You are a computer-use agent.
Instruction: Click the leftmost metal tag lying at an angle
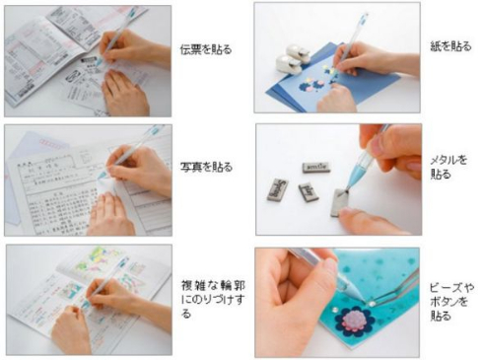[x=278, y=187]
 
